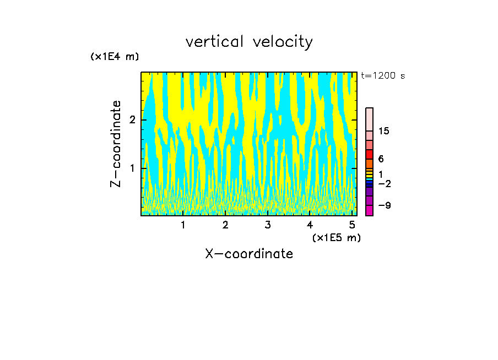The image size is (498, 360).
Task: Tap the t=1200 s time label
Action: (382, 75)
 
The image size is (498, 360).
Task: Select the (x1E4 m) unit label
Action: (115, 56)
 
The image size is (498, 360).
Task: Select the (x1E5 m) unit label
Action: (336, 237)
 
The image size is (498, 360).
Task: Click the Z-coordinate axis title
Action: (116, 144)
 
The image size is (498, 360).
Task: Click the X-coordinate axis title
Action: (249, 254)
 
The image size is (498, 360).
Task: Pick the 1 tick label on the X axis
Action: (183, 225)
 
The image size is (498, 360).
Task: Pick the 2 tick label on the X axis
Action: (225, 225)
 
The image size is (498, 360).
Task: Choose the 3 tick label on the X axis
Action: (267, 225)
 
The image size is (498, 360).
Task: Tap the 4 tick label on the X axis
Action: (310, 225)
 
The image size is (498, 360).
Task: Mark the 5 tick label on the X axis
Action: (351, 225)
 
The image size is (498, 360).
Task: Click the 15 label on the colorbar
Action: (384, 131)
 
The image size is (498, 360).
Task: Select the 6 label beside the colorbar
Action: (381, 159)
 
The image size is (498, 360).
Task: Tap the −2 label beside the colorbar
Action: (384, 183)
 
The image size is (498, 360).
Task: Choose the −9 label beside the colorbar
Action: (384, 205)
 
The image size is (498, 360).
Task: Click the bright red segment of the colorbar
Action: (369, 154)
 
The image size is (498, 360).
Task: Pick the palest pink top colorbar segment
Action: (369, 119)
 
